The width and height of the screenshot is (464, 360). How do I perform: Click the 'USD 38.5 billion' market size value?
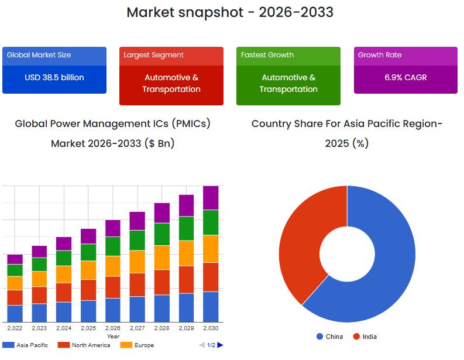pyautogui.click(x=54, y=77)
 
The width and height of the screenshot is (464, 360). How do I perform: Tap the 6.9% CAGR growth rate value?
pyautogui.click(x=405, y=77)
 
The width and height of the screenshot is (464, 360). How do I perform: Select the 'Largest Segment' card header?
pyautogui.click(x=154, y=55)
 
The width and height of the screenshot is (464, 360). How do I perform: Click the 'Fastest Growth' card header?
pyautogui.click(x=267, y=55)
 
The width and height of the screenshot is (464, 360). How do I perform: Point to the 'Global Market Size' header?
pyautogui.click(x=39, y=55)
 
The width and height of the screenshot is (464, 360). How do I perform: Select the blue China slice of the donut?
pyautogui.click(x=386, y=263)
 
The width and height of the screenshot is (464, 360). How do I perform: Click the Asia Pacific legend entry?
pyautogui.click(x=26, y=345)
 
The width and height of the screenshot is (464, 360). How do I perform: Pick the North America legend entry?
pyautogui.click(x=84, y=345)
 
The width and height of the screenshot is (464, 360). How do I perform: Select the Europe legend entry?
pyautogui.click(x=138, y=345)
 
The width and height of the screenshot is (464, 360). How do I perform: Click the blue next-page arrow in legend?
pyautogui.click(x=221, y=345)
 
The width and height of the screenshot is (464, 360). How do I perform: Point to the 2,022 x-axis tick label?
pyautogui.click(x=15, y=328)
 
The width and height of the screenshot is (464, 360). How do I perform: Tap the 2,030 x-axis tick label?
pyautogui.click(x=211, y=328)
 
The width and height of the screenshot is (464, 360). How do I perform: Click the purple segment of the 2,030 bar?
pyautogui.click(x=211, y=198)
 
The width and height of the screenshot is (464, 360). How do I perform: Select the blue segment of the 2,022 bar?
pyautogui.click(x=15, y=313)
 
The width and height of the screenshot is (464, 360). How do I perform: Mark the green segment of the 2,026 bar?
pyautogui.click(x=113, y=246)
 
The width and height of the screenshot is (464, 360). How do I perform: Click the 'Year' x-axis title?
pyautogui.click(x=113, y=337)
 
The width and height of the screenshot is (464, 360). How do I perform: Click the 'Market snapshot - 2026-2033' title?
pyautogui.click(x=230, y=12)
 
